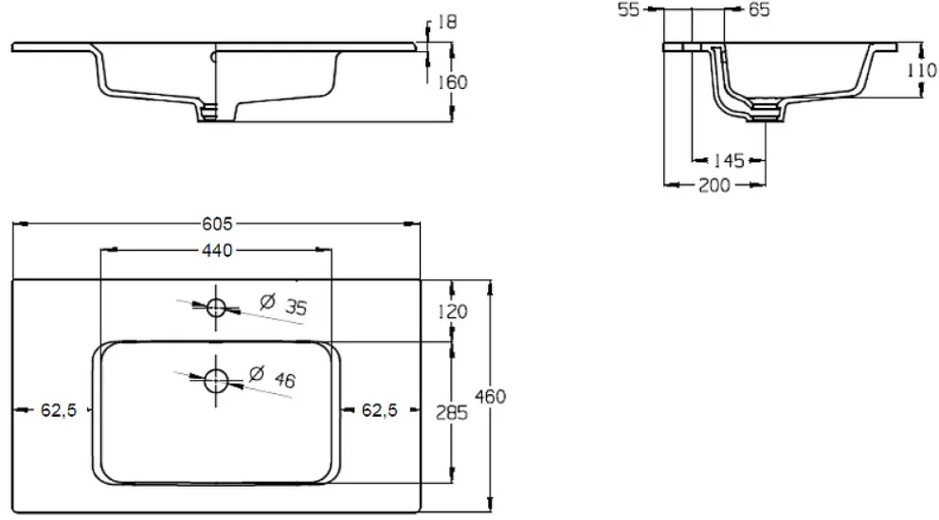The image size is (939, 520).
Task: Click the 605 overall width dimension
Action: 217,224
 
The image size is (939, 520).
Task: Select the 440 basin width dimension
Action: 217,250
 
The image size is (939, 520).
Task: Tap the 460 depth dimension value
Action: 491,396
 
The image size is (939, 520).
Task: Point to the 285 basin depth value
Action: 452,412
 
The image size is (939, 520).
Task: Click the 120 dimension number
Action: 453,312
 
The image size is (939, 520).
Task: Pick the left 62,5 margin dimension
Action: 59,410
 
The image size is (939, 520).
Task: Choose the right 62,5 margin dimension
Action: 380,410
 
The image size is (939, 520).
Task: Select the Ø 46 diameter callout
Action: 273,377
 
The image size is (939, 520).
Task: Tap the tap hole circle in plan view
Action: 216,308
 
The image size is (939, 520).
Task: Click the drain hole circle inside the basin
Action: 216,381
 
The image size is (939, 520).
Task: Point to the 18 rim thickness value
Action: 446,22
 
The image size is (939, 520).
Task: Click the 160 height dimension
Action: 452,82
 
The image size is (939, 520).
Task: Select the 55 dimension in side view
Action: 629,9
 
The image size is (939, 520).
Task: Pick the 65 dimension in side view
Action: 759,9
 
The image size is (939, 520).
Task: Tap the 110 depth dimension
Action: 922,71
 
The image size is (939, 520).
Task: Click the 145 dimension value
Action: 729,160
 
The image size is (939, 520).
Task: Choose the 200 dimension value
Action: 714,186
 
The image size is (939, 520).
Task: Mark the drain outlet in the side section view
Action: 765,113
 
